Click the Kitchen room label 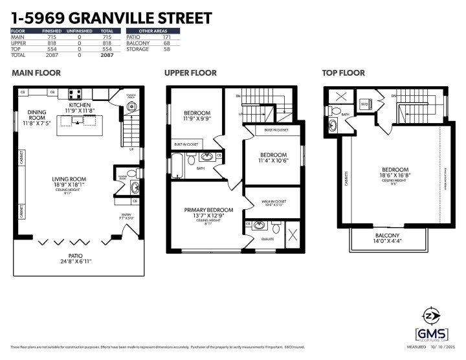coord(80,105)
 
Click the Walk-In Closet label coord(272,202)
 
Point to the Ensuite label coord(267,240)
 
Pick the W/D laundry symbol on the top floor coord(364,104)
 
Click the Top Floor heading coord(343,73)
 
